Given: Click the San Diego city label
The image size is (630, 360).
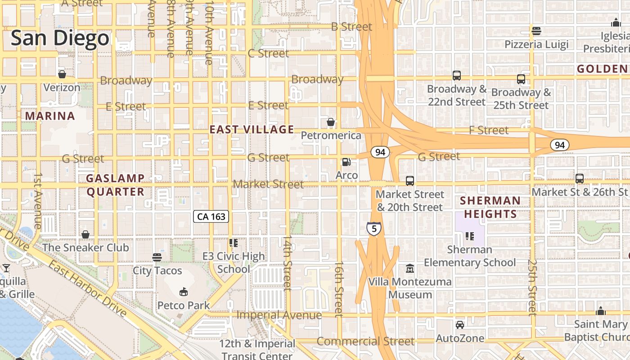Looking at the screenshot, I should coord(60,38).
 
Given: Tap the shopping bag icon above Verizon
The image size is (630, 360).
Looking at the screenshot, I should coord(62,74).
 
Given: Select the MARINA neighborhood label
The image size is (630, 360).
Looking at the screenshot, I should coord(50,116).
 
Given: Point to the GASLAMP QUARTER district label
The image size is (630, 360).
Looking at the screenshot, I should coord(115,185).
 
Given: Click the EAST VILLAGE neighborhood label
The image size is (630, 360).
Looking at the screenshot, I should coord(252,130).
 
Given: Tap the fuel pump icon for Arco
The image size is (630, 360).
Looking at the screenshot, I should coord(346,162).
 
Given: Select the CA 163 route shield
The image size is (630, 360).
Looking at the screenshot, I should coord(211,216).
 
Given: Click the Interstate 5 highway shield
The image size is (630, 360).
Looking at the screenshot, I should coord(374,229).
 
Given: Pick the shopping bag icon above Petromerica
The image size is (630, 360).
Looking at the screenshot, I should coord(331,122).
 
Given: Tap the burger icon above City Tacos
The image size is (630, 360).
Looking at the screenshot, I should coord(157,257).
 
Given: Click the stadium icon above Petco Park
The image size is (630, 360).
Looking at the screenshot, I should coord(183,292).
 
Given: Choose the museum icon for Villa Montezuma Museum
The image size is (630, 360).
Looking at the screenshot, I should coord(410,269).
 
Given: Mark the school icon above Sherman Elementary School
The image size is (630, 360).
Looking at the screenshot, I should coord(470,236).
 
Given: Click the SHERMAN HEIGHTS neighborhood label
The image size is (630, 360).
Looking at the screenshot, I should coord(490,207).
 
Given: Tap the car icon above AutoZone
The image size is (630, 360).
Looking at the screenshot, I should coord(460,325).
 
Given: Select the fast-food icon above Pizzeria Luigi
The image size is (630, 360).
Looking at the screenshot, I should coord(536,31).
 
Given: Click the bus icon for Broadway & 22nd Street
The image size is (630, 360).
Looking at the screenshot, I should coord(457,76).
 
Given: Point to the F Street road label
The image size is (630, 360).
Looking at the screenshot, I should coord(489,130).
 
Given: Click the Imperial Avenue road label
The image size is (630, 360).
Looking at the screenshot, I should coord(279,315).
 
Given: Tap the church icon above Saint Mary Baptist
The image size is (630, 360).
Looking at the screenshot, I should coord(600,311).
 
